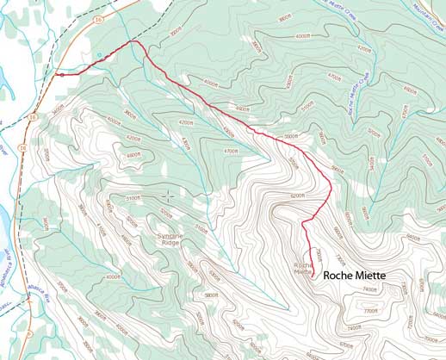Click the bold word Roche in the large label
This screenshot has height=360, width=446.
click(x=339, y=276)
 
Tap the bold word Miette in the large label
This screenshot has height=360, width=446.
click(x=371, y=276)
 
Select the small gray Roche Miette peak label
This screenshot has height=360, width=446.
click(x=303, y=268)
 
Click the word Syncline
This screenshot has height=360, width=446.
click(x=163, y=235)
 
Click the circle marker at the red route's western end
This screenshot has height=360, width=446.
click(x=62, y=75)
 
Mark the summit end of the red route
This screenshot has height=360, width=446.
click(x=312, y=276)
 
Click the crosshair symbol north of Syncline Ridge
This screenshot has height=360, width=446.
click(x=168, y=196)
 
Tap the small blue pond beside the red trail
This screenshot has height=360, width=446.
click(x=100, y=56)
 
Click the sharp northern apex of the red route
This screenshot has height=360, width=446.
click(x=133, y=40)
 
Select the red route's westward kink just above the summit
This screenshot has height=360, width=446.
click(x=303, y=223)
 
